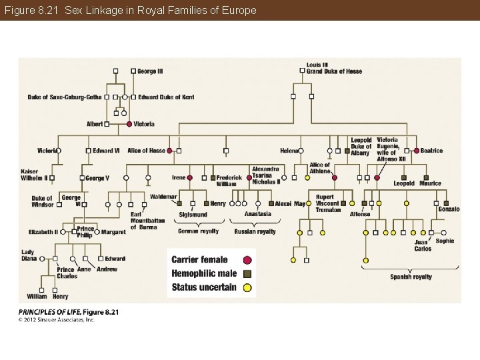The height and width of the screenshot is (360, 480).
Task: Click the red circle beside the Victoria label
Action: coord(129,124)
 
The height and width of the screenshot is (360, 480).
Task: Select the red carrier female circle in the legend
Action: coord(247,260)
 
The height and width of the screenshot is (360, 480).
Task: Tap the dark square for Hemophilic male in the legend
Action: coord(247,274)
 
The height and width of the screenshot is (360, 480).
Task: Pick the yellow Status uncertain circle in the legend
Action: coord(247,288)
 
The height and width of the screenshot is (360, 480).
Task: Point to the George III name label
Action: coord(151,71)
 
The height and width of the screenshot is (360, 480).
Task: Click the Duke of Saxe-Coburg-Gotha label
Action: coord(65,97)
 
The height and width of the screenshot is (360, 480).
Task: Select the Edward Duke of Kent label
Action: coord(167,97)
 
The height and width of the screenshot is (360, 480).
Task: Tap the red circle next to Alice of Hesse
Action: coord(170,151)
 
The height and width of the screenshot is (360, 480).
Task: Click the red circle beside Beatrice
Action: coord(417,151)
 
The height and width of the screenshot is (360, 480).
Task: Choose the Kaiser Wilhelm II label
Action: coord(34,175)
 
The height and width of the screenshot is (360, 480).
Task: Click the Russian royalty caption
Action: coord(255,231)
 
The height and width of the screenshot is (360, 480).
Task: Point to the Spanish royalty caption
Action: coord(411,277)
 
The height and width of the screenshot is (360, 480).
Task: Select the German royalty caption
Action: coord(198,231)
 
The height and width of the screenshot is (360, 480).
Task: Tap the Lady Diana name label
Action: coord(29,255)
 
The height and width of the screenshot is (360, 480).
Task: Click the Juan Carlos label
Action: coord(423,245)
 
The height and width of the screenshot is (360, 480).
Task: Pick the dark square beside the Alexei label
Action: coord(271,203)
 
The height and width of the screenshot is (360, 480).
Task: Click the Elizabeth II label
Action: coord(43,232)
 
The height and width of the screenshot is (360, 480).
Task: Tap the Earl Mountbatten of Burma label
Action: coord(147,221)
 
